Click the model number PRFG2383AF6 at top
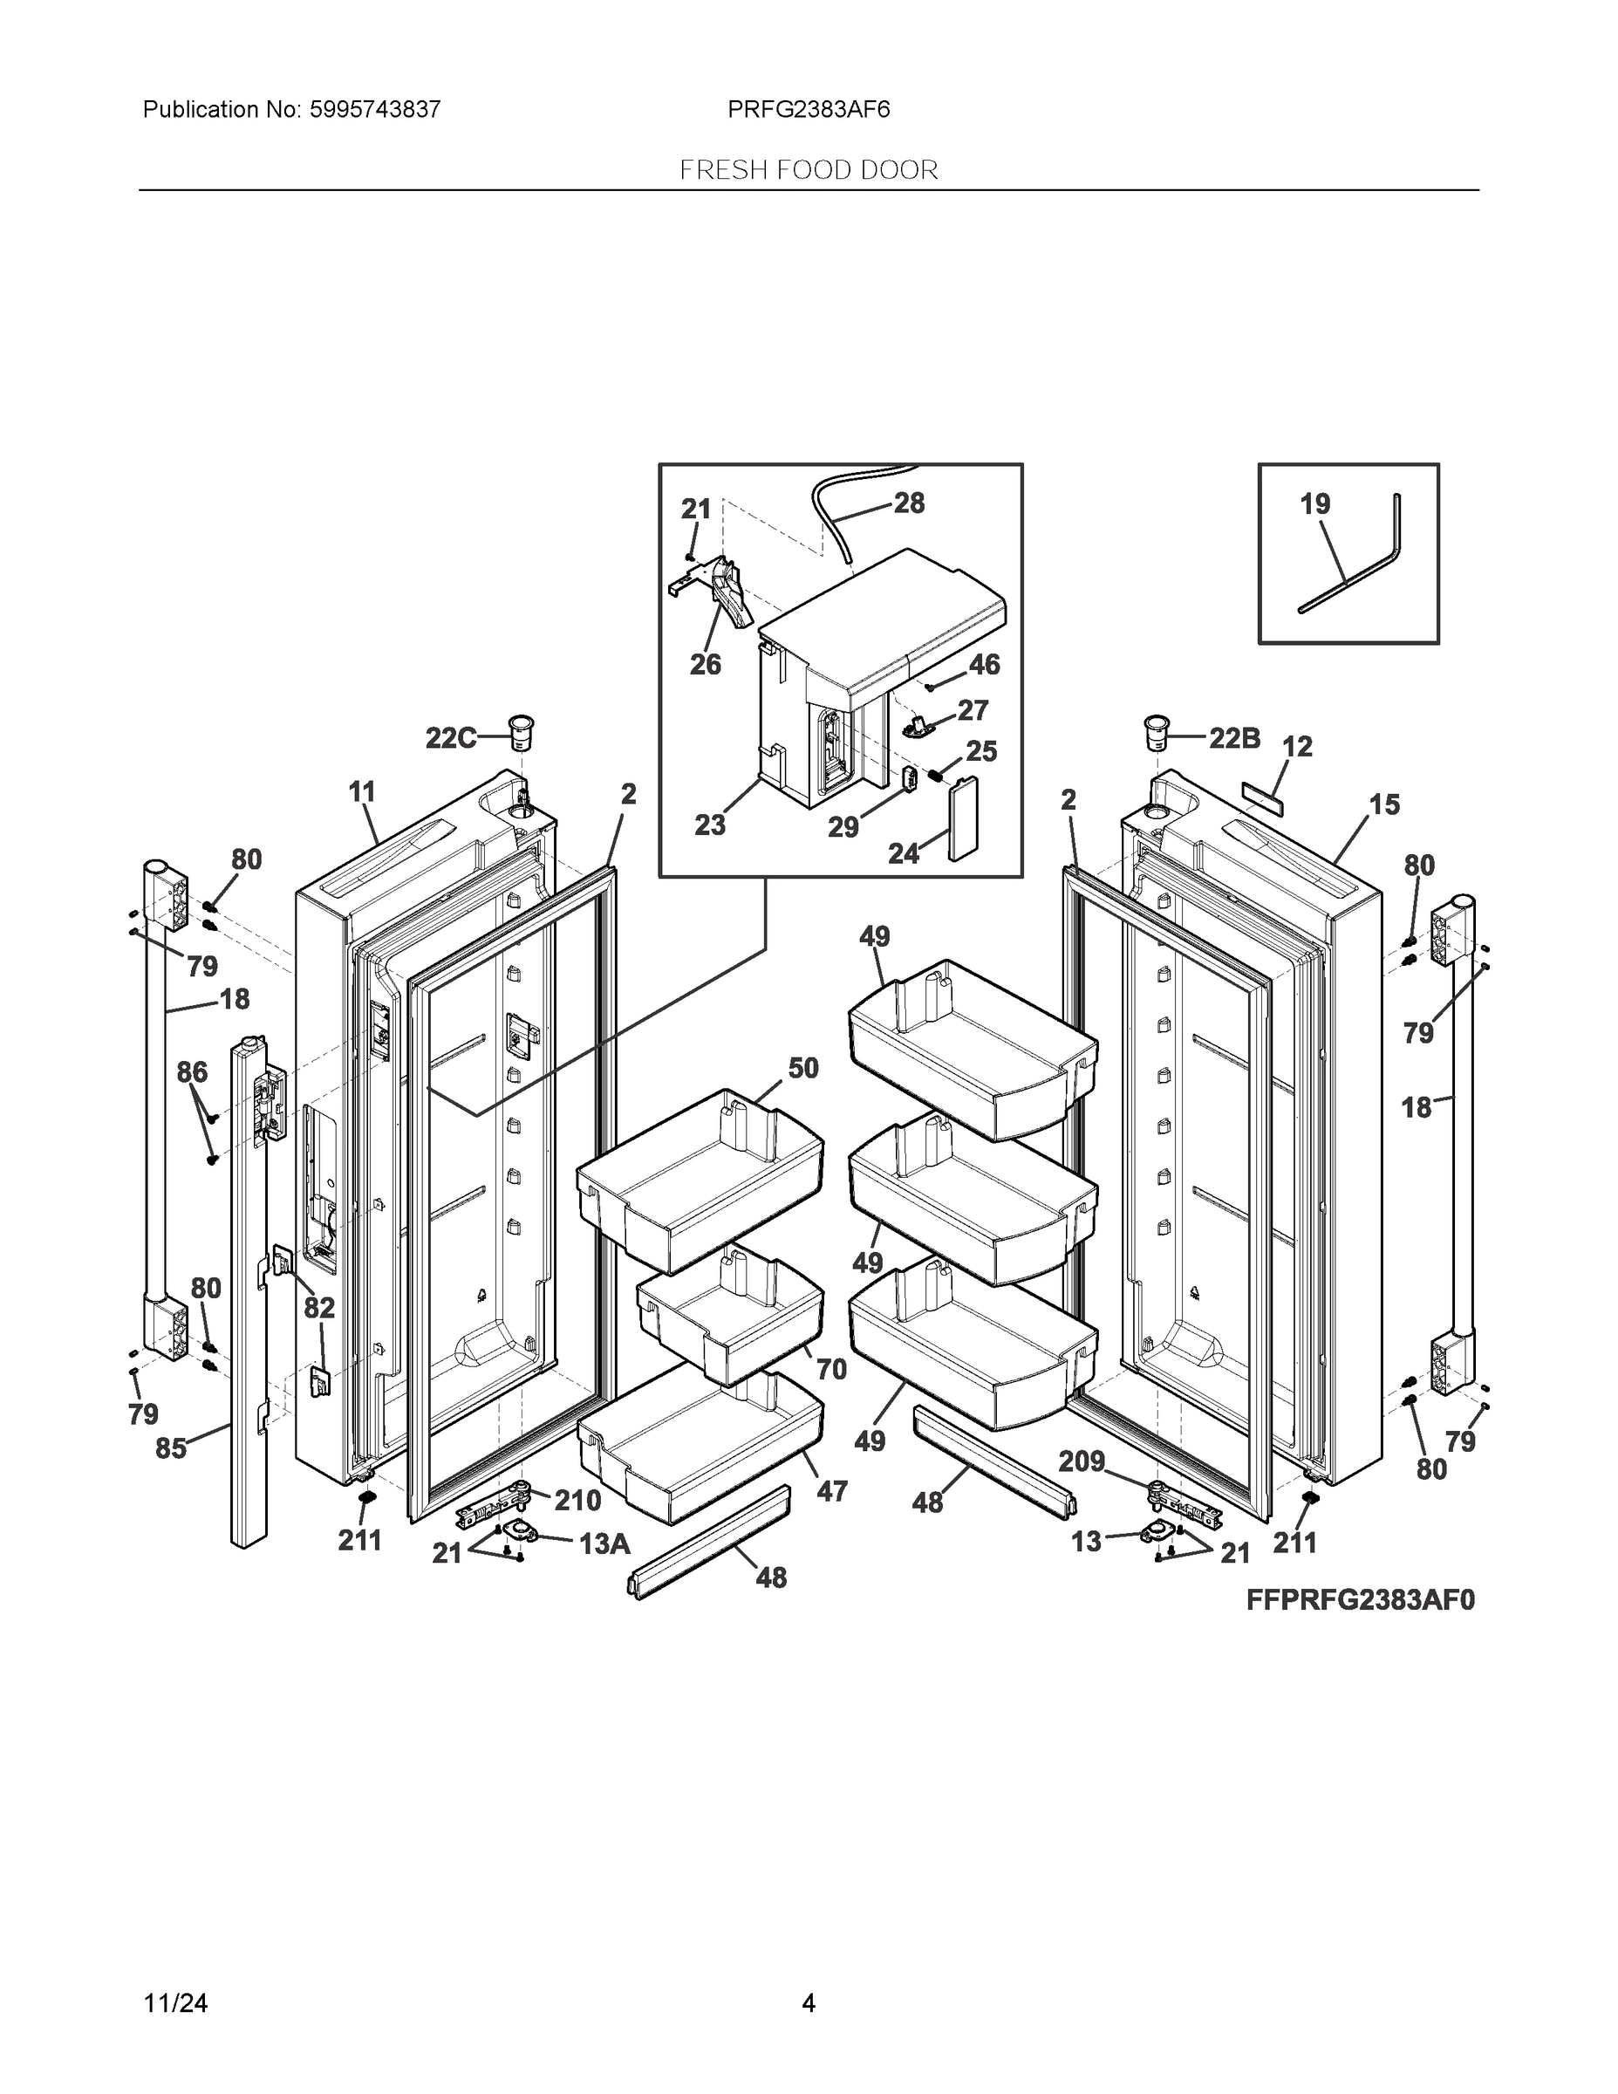[808, 109]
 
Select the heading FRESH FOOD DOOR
[808, 170]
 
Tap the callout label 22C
[450, 738]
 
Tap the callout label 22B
[1233, 737]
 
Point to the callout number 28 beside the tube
[909, 503]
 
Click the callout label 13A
[604, 1543]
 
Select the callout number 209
[1082, 1461]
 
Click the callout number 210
[577, 1501]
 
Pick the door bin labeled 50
[700, 1180]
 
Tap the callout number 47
[831, 1491]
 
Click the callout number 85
[171, 1447]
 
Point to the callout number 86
[192, 1072]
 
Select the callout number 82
[319, 1308]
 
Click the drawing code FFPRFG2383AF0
[1360, 1599]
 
